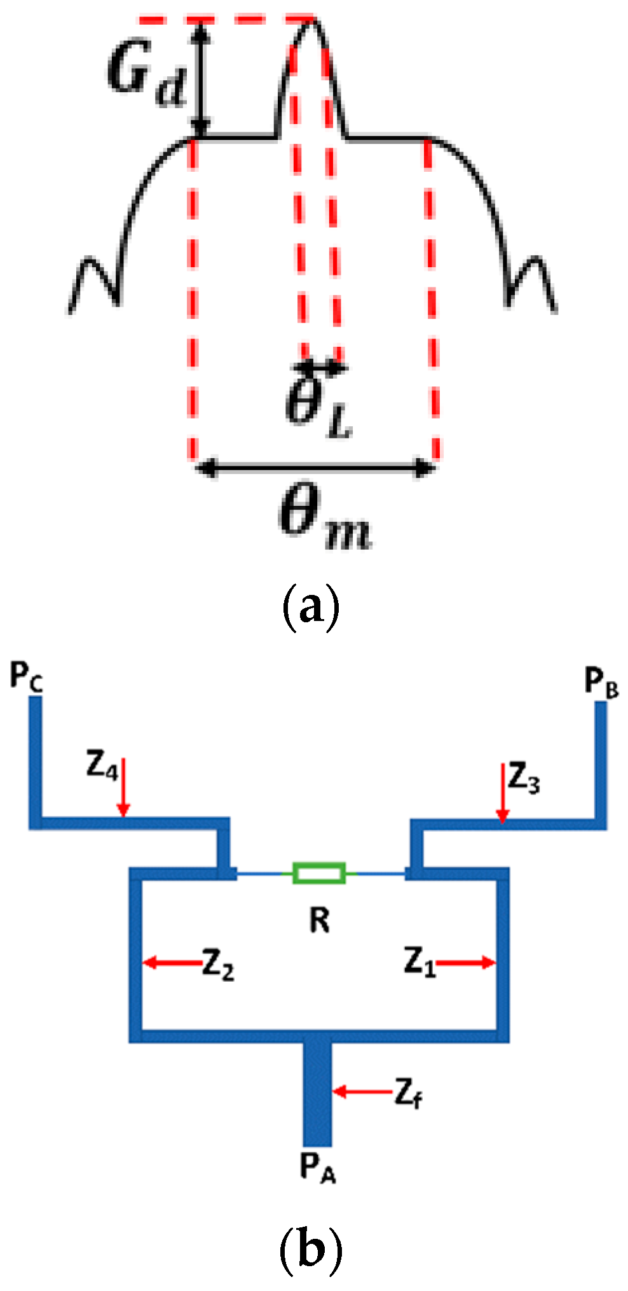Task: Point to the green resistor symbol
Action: pyautogui.click(x=319, y=873)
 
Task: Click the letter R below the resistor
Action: pyautogui.click(x=320, y=920)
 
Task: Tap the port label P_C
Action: pyautogui.click(x=27, y=676)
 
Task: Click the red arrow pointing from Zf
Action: pyautogui.click(x=361, y=1092)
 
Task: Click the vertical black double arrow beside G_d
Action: pyautogui.click(x=201, y=78)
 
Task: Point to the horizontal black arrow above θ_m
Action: pyautogui.click(x=316, y=469)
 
